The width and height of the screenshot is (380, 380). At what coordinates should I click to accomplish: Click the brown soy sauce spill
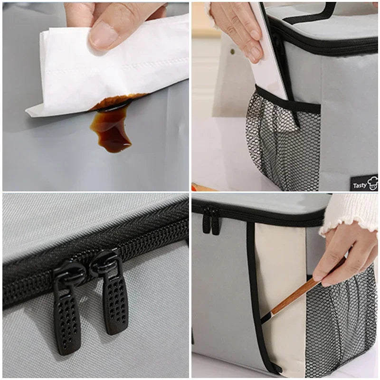(x=112, y=126)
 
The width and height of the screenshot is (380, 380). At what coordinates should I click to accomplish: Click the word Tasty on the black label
(x=360, y=186)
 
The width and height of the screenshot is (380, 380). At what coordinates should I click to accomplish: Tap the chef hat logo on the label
(x=373, y=183)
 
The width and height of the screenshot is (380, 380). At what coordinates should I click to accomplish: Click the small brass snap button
(x=233, y=51)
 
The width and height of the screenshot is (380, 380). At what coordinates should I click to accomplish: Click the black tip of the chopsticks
(x=266, y=317)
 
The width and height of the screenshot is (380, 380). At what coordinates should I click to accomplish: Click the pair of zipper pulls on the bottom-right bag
(x=211, y=220)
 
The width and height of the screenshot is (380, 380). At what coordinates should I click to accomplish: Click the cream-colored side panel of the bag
(x=281, y=291)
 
